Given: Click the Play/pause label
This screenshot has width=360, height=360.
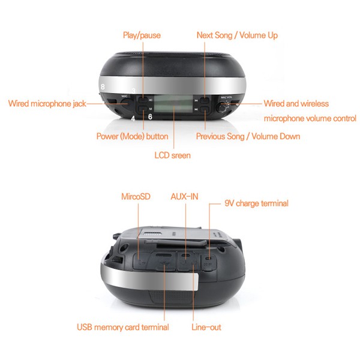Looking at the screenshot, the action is click(x=142, y=35).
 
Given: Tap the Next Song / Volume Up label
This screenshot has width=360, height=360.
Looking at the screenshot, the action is click(x=237, y=35).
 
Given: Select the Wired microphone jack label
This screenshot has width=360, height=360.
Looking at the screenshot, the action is click(x=47, y=104).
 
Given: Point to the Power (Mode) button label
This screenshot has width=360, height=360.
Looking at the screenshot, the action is click(x=132, y=136).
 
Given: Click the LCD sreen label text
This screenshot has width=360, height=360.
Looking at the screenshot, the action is click(x=172, y=155).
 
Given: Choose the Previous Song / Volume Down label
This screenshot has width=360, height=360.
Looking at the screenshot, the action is click(x=248, y=136).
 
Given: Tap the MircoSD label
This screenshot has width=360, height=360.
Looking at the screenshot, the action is click(x=136, y=197).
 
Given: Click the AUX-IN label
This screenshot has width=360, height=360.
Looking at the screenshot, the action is click(x=184, y=197).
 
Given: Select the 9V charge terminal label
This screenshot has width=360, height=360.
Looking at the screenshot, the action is click(x=256, y=203).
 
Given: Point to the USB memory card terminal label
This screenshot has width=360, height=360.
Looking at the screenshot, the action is click(x=123, y=327).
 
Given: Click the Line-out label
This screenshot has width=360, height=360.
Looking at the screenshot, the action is click(x=206, y=327).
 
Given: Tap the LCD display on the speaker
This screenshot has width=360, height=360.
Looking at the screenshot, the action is click(x=173, y=104).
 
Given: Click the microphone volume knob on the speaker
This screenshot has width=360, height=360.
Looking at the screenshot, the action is click(x=222, y=108).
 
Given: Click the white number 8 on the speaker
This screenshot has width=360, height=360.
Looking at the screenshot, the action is click(x=103, y=86).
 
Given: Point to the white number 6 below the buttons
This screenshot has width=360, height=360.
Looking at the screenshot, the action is click(x=150, y=117).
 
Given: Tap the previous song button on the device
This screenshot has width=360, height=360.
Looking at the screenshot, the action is click(x=204, y=109).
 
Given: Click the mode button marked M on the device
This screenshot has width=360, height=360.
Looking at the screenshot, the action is click(x=143, y=109).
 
